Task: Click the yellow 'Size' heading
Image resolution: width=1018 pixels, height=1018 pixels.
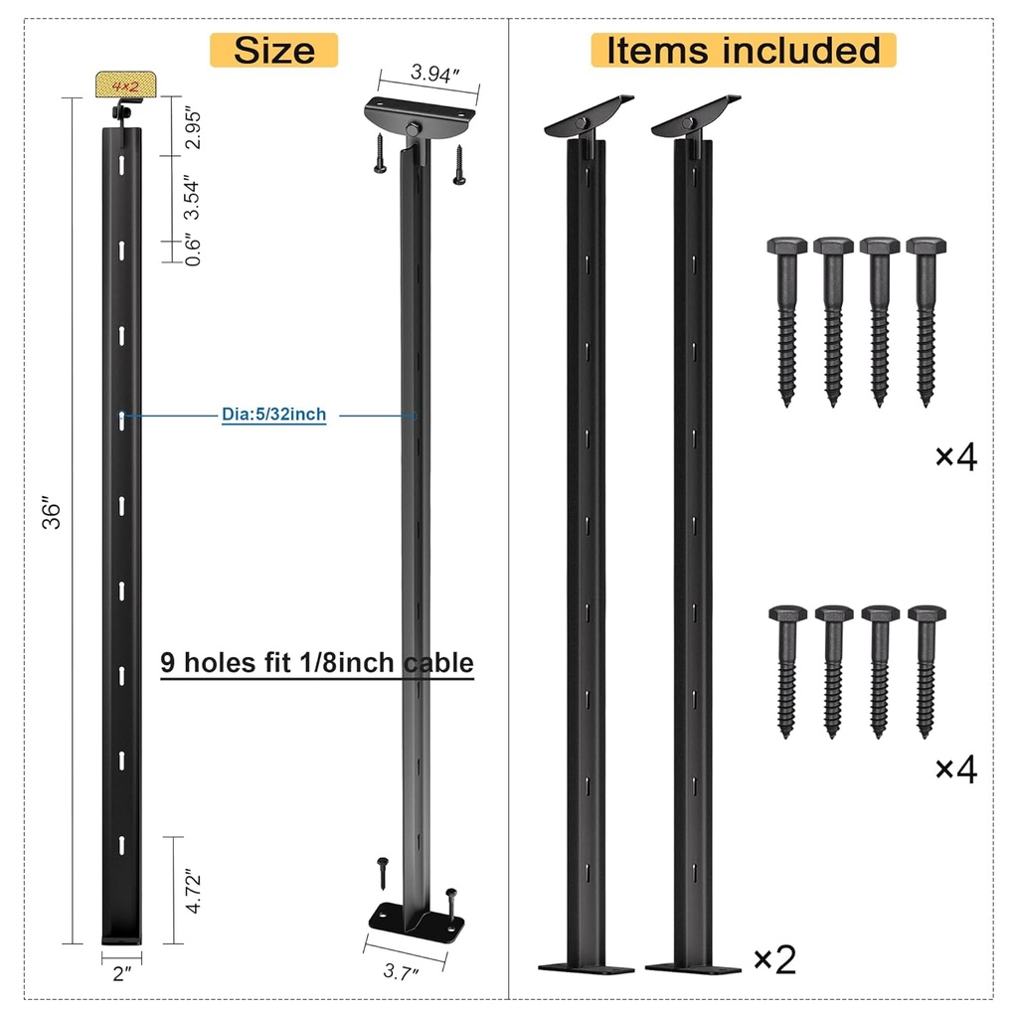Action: click(273, 50)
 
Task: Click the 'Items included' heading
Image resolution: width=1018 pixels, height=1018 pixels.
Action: click(744, 50)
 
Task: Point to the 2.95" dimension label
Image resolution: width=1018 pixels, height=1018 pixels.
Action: click(193, 128)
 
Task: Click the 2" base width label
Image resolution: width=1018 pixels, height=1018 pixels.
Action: click(122, 974)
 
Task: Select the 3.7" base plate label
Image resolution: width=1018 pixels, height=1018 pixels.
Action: click(402, 972)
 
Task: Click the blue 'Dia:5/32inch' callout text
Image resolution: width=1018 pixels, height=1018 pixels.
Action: click(273, 415)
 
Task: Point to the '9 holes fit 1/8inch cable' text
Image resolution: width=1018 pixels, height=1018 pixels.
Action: click(317, 662)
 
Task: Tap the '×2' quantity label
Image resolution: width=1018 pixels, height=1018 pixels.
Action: click(774, 959)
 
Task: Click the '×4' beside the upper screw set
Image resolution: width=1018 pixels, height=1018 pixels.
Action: click(955, 456)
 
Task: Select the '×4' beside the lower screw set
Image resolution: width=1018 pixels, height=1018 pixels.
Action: click(955, 768)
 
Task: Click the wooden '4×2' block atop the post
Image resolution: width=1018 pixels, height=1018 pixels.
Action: click(125, 85)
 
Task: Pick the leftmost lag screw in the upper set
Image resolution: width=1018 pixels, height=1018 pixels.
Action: click(785, 318)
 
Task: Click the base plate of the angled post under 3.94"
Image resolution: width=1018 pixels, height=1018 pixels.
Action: click(417, 920)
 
